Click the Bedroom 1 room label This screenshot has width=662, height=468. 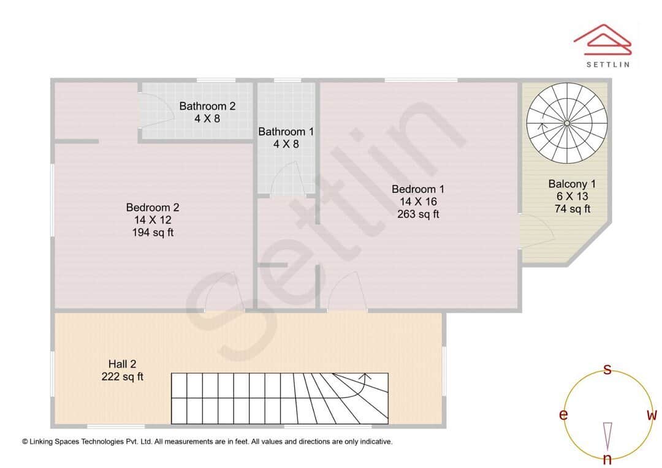(x=418, y=189)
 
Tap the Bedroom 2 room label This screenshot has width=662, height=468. (x=153, y=208)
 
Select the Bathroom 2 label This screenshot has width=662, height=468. (x=207, y=106)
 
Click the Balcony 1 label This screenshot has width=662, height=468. (x=572, y=184)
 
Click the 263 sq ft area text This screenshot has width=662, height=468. (x=418, y=214)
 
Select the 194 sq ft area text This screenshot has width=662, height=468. (x=153, y=232)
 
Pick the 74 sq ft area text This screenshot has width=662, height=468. (x=572, y=209)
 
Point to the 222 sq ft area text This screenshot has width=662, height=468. (x=122, y=377)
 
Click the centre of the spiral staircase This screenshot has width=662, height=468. (x=567, y=123)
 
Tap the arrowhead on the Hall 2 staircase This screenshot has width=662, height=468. (x=367, y=376)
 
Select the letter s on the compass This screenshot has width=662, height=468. (x=607, y=369)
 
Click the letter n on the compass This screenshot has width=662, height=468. (x=607, y=459)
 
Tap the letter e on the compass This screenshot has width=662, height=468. (x=563, y=415)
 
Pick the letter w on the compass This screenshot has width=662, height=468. (x=652, y=415)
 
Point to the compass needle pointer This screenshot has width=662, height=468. (x=607, y=435)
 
